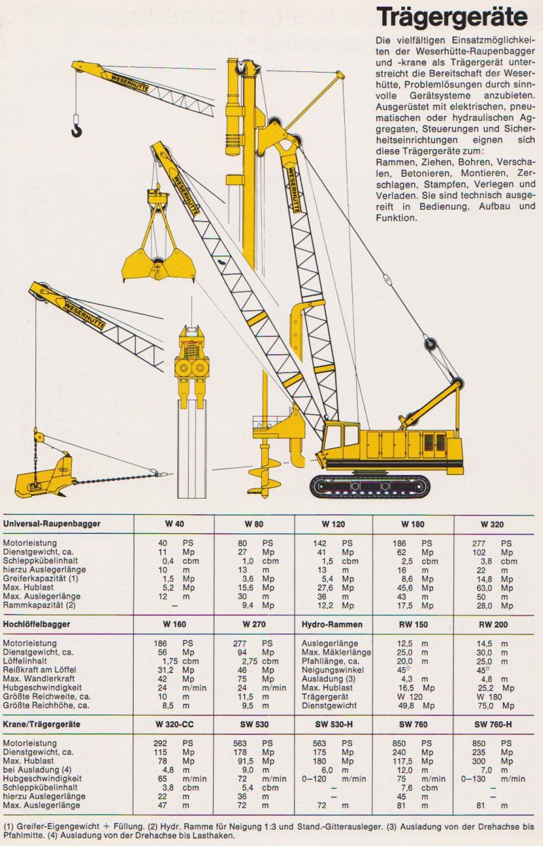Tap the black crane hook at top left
pyautogui.click(x=76, y=127)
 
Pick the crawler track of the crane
pyautogui.click(x=370, y=486)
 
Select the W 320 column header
pyautogui.click(x=493, y=524)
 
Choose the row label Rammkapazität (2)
pyautogui.click(x=39, y=604)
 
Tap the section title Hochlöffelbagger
pyautogui.click(x=37, y=623)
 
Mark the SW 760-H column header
pyautogui.click(x=493, y=724)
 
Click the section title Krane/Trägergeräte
pyautogui.click(x=42, y=724)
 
